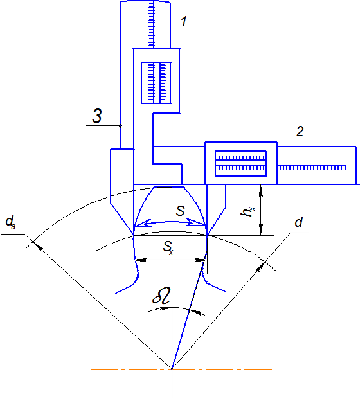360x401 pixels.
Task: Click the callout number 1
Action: click(184, 21)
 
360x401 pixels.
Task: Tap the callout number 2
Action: click(300, 131)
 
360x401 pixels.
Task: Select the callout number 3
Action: click(97, 116)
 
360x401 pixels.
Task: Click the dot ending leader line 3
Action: click(120, 125)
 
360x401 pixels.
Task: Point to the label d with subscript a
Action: click(10, 222)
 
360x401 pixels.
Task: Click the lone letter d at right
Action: click(299, 222)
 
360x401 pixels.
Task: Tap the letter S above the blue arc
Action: click(181, 211)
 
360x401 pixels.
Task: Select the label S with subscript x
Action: click(168, 248)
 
